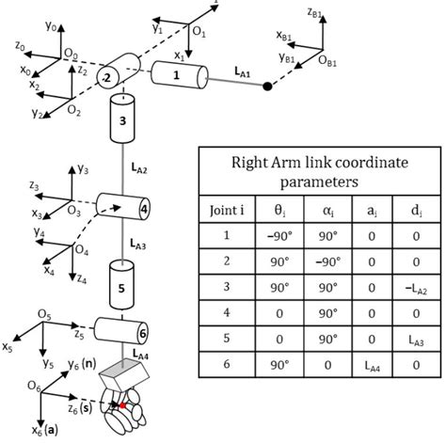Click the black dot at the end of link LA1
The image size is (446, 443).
pyautogui.click(x=267, y=87)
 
